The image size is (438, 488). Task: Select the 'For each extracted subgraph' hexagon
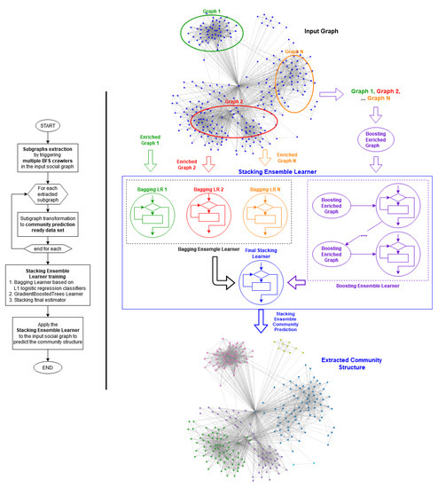[49, 194]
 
